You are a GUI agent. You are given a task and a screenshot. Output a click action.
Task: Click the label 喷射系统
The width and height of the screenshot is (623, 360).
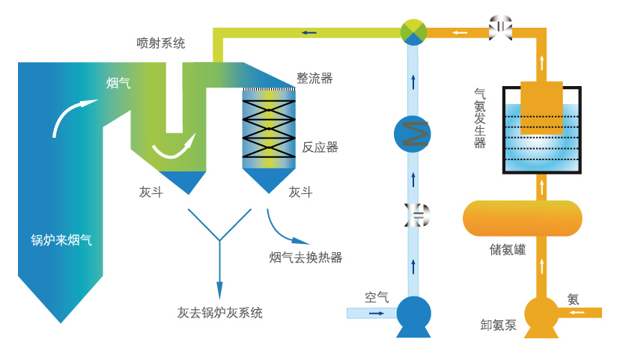pyautogui.click(x=160, y=43)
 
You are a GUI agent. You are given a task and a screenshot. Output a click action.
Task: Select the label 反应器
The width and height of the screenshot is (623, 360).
pyautogui.click(x=320, y=147)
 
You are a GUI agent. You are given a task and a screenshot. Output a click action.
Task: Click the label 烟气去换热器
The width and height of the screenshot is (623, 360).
pyautogui.click(x=306, y=257)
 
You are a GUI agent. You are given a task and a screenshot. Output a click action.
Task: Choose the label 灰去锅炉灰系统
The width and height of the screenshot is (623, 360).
pyautogui.click(x=220, y=313)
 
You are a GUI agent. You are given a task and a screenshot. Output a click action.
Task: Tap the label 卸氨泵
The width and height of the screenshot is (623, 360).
pyautogui.click(x=499, y=325)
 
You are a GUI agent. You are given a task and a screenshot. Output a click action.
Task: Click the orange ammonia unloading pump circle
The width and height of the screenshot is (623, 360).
pyautogui.click(x=541, y=314)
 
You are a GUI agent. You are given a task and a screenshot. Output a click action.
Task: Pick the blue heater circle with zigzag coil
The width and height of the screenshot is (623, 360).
pyautogui.click(x=413, y=134)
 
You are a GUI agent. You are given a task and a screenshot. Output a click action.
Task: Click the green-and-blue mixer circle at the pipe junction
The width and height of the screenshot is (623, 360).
pyautogui.click(x=413, y=32)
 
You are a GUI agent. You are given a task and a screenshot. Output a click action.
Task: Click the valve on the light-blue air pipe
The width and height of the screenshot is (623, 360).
pyautogui.click(x=413, y=216)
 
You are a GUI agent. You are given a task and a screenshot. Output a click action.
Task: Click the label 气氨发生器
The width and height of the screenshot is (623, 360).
pyautogui.click(x=480, y=118)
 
